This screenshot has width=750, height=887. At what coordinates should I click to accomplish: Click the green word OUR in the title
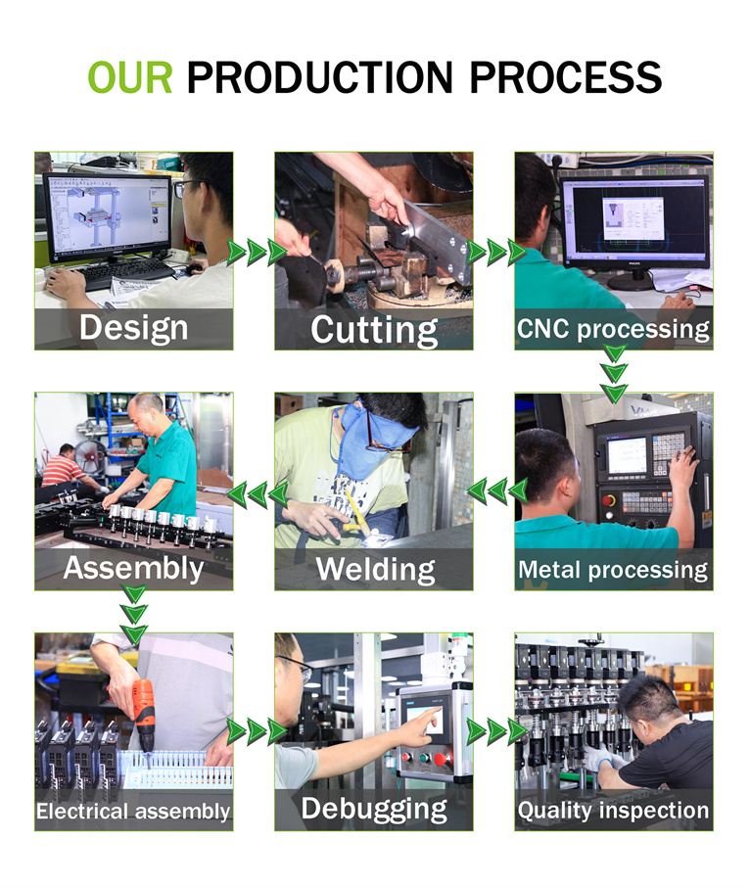point(130,77)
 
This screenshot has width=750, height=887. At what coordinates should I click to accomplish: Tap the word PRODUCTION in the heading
point(320,77)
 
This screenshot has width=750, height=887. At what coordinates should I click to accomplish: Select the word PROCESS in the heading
point(566,77)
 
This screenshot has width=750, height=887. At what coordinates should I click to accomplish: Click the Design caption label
point(133,328)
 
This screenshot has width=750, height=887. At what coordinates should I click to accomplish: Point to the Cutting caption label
point(374,330)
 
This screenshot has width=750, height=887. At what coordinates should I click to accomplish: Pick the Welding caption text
point(376,570)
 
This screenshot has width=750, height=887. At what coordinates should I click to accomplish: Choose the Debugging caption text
point(374,810)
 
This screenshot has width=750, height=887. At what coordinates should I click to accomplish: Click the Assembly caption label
point(133,569)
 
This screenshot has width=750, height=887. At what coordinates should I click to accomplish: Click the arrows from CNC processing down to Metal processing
point(614,374)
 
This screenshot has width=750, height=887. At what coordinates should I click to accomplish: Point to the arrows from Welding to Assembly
point(258,494)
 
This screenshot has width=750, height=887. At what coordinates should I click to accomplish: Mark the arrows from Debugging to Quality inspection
point(497,731)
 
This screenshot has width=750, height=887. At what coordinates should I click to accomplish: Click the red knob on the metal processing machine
point(609,500)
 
